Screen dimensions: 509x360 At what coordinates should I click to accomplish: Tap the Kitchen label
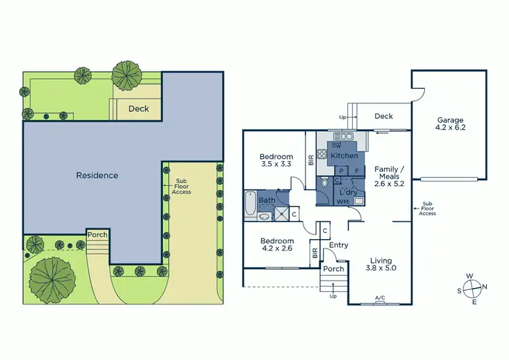coord(343,156)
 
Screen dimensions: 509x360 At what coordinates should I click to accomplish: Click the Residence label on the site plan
coord(97,175)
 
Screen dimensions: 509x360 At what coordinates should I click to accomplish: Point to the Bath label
coord(266,200)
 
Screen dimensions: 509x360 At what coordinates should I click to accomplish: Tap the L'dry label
coord(348,192)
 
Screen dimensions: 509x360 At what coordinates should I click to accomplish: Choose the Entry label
coord(338,245)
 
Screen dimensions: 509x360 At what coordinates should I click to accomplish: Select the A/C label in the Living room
coord(380,298)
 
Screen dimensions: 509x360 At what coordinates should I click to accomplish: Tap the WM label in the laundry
coord(343,202)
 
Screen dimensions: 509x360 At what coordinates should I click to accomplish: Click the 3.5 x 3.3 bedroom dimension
coord(277,164)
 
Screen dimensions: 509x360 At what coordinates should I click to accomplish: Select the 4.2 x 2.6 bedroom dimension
coord(276,249)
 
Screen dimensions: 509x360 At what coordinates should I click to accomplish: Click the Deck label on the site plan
coord(138,109)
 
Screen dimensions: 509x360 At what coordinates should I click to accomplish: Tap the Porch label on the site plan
coord(97,235)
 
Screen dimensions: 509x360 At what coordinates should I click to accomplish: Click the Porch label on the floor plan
coord(333,269)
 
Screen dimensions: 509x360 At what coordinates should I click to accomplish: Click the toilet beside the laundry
coord(325,183)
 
